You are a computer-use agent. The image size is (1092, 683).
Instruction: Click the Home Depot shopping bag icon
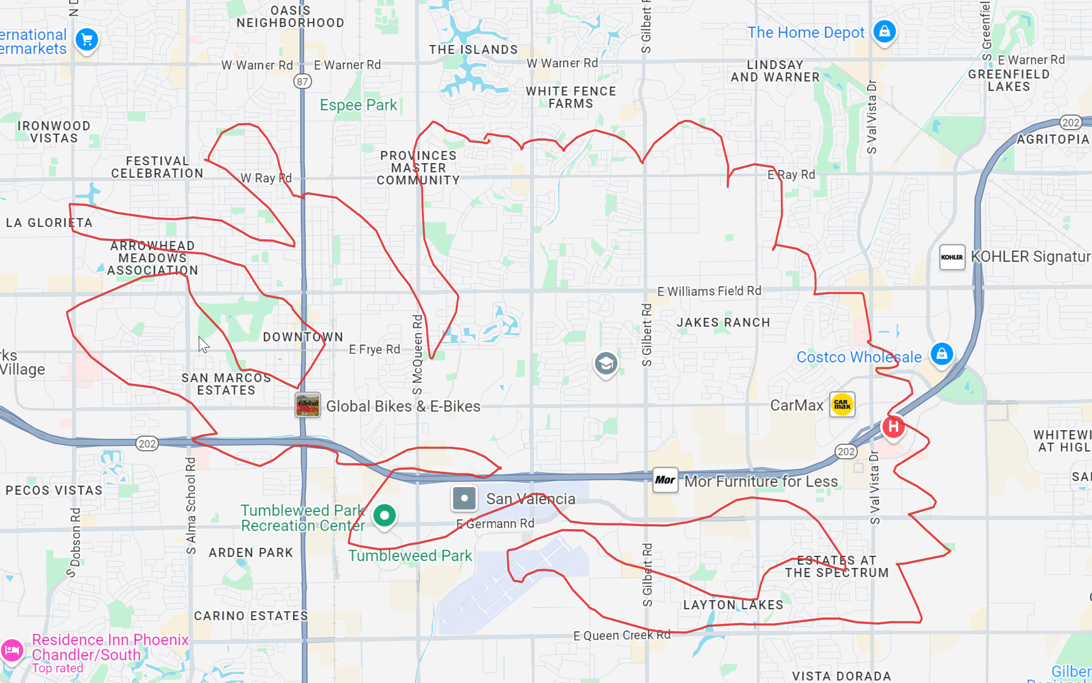coord(884,32)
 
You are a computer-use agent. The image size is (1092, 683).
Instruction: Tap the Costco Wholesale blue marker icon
coord(942,354)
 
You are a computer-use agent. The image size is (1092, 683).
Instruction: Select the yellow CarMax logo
coord(842,404)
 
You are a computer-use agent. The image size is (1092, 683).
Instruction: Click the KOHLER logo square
coord(952,257)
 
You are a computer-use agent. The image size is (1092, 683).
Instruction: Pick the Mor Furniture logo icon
coord(665,480)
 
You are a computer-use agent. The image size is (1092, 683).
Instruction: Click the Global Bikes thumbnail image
coord(308,405)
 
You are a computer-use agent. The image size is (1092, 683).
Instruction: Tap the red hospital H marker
coord(893,426)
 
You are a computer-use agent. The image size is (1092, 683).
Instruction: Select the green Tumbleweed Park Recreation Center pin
coord(384,515)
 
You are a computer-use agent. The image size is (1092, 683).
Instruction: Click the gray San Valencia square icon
coord(464,499)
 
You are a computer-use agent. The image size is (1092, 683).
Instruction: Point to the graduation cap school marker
coord(606,363)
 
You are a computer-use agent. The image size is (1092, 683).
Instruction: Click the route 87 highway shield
coord(303,82)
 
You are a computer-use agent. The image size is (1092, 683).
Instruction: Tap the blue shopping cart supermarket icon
coord(87,40)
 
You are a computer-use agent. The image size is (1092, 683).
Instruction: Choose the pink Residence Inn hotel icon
coord(12,651)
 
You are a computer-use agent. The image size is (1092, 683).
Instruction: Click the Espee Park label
coord(358,105)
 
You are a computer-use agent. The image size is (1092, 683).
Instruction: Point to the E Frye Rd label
coord(374,349)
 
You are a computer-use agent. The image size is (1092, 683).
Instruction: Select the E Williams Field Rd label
coord(709,291)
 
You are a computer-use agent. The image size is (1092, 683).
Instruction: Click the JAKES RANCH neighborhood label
coord(723,322)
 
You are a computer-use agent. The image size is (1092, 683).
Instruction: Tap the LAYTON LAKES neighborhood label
coord(733,605)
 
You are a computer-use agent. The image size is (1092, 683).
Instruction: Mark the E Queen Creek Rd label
coord(622,636)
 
